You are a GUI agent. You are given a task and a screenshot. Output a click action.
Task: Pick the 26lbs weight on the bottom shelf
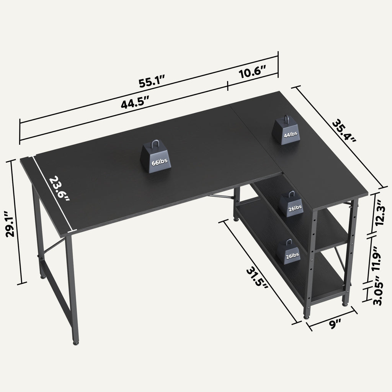tap(290, 253)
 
